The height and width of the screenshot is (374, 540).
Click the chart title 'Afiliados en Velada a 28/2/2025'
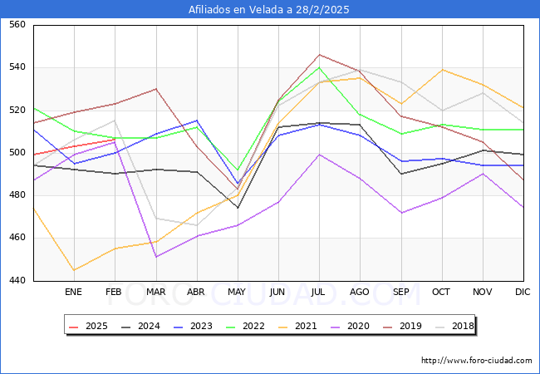[269, 10]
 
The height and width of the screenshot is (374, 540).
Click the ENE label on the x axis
[73, 293]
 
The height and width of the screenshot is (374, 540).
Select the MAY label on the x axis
[237, 293]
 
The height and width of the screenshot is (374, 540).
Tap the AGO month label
[360, 293]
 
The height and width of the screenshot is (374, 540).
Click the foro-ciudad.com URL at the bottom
[476, 361]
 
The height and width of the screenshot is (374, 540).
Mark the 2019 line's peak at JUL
[319, 55]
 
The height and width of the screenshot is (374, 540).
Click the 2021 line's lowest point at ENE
[73, 270]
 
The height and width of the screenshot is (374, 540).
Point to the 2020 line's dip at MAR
[155, 257]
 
